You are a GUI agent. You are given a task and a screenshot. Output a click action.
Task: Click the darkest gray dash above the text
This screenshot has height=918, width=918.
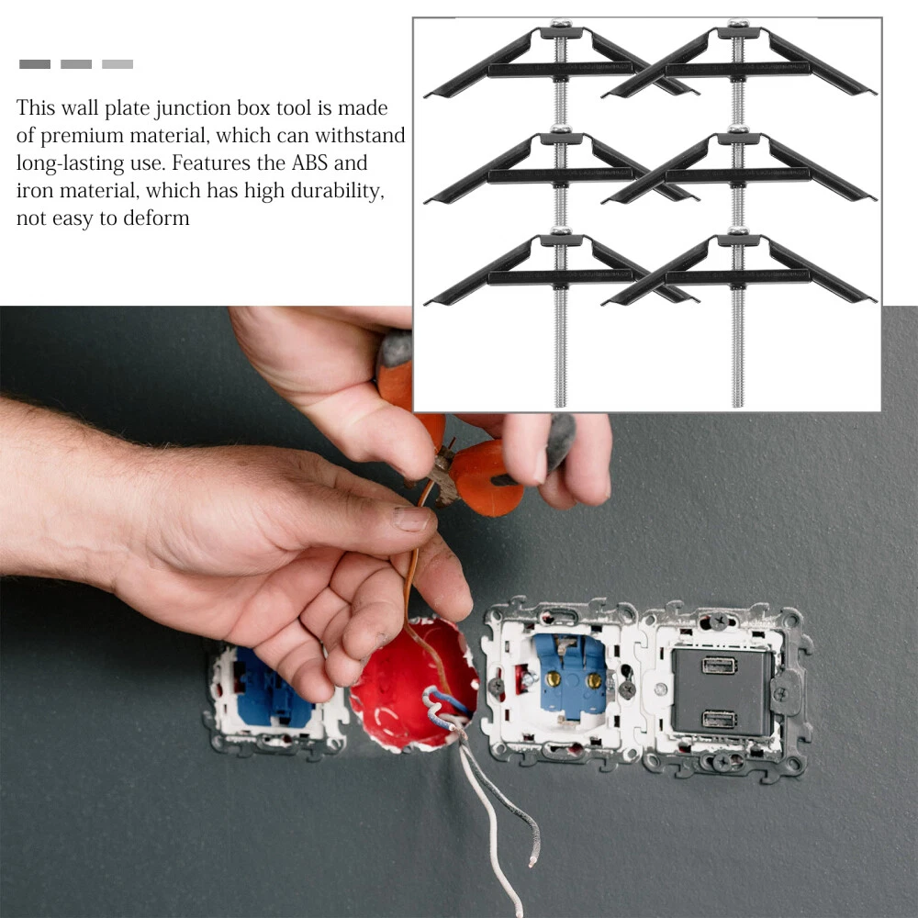pyautogui.click(x=35, y=64)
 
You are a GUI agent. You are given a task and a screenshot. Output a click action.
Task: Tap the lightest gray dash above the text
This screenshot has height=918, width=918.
pyautogui.click(x=118, y=64)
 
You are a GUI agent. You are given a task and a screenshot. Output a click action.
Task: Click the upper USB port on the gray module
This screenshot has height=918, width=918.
pyautogui.click(x=720, y=666)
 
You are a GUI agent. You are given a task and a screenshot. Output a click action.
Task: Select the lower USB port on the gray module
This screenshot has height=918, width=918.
pyautogui.click(x=720, y=719)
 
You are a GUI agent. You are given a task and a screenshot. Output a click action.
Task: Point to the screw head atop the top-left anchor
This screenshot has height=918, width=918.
pyautogui.click(x=561, y=23)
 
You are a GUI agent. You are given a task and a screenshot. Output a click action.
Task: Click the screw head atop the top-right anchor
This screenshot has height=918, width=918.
pyautogui.click(x=738, y=23)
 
